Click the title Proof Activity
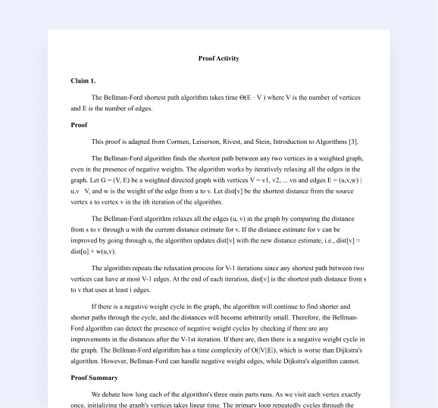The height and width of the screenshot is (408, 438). click(218, 58)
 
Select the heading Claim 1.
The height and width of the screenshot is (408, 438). click(83, 80)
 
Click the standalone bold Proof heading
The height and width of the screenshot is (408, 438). click(79, 124)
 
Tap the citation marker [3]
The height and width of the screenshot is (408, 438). click(353, 142)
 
